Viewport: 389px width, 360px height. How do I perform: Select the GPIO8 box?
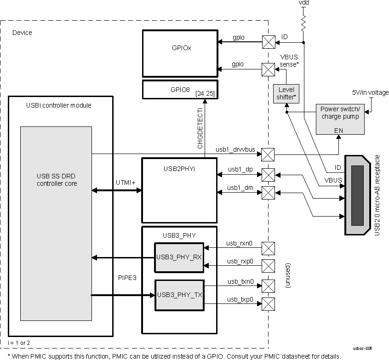tap(179, 89)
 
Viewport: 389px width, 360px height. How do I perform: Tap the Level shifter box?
tap(286, 93)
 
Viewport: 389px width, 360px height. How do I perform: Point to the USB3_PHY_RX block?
tap(179, 257)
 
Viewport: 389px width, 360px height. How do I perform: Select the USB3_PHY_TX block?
tap(179, 295)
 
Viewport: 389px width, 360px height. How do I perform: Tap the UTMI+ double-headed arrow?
tap(117, 190)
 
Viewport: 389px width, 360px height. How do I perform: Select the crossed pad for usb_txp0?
tap(268, 303)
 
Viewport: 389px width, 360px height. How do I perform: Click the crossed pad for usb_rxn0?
tap(268, 248)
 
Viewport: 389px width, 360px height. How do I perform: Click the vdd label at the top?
tap(303, 3)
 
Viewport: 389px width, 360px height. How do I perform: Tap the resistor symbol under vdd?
tap(303, 21)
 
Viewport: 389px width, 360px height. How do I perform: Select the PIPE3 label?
tap(127, 278)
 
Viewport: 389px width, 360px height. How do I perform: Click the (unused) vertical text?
tap(287, 276)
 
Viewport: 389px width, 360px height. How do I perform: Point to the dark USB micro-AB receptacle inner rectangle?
tap(357, 196)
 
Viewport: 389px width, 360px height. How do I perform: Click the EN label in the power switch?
tap(338, 131)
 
